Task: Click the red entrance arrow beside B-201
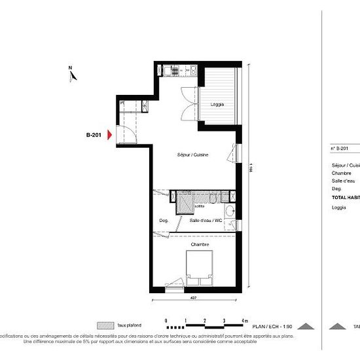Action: click(x=111, y=135)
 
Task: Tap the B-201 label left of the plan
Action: click(x=94, y=135)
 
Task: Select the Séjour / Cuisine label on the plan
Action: click(x=192, y=154)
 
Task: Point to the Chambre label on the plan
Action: click(x=200, y=245)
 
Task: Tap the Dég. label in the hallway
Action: click(x=164, y=221)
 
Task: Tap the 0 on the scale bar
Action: click(x=167, y=319)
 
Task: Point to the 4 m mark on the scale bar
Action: click(x=244, y=319)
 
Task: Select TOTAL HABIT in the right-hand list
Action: click(x=346, y=196)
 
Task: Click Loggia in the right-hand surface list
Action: click(x=339, y=208)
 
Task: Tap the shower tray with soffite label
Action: click(x=186, y=203)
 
